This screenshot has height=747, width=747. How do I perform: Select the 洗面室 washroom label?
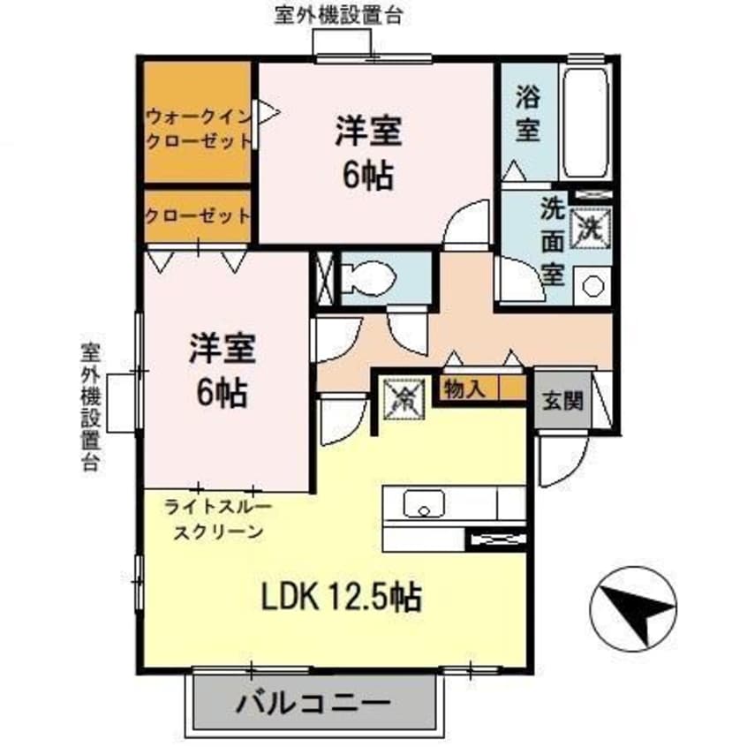coord(553,241)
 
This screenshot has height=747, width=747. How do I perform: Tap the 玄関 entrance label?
coord(561,401)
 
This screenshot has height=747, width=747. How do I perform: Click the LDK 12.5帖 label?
coord(340,598)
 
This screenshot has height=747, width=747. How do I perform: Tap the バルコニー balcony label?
coord(313,704)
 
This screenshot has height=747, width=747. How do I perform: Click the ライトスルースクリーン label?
coord(217,519)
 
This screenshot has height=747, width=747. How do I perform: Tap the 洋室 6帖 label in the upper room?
coord(369,153)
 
